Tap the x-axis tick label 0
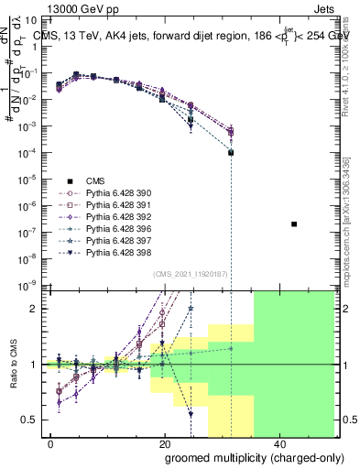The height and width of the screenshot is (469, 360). point(51,443)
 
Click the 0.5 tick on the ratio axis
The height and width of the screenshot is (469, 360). point(33,420)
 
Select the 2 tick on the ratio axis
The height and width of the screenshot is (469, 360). point(38,309)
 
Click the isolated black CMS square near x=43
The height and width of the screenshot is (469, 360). point(294,224)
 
